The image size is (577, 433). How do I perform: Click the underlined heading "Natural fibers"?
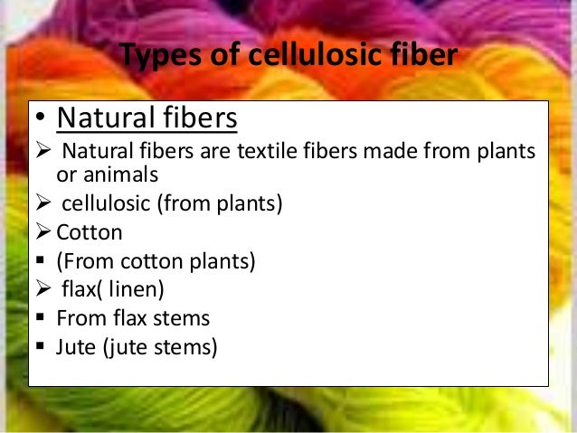click(x=147, y=118)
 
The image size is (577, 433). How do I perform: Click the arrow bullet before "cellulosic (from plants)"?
click(x=43, y=203)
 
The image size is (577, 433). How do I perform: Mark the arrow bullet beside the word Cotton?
click(x=43, y=232)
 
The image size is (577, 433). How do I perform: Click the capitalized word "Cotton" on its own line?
click(x=90, y=232)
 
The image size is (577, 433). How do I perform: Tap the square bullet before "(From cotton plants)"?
click(x=42, y=262)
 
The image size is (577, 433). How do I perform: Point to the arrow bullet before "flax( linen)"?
click(x=43, y=290)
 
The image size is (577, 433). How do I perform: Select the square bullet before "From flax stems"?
click(x=42, y=319)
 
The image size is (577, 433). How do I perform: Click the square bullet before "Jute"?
click(x=42, y=347)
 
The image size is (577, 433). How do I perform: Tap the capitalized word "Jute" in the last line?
click(x=74, y=347)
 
